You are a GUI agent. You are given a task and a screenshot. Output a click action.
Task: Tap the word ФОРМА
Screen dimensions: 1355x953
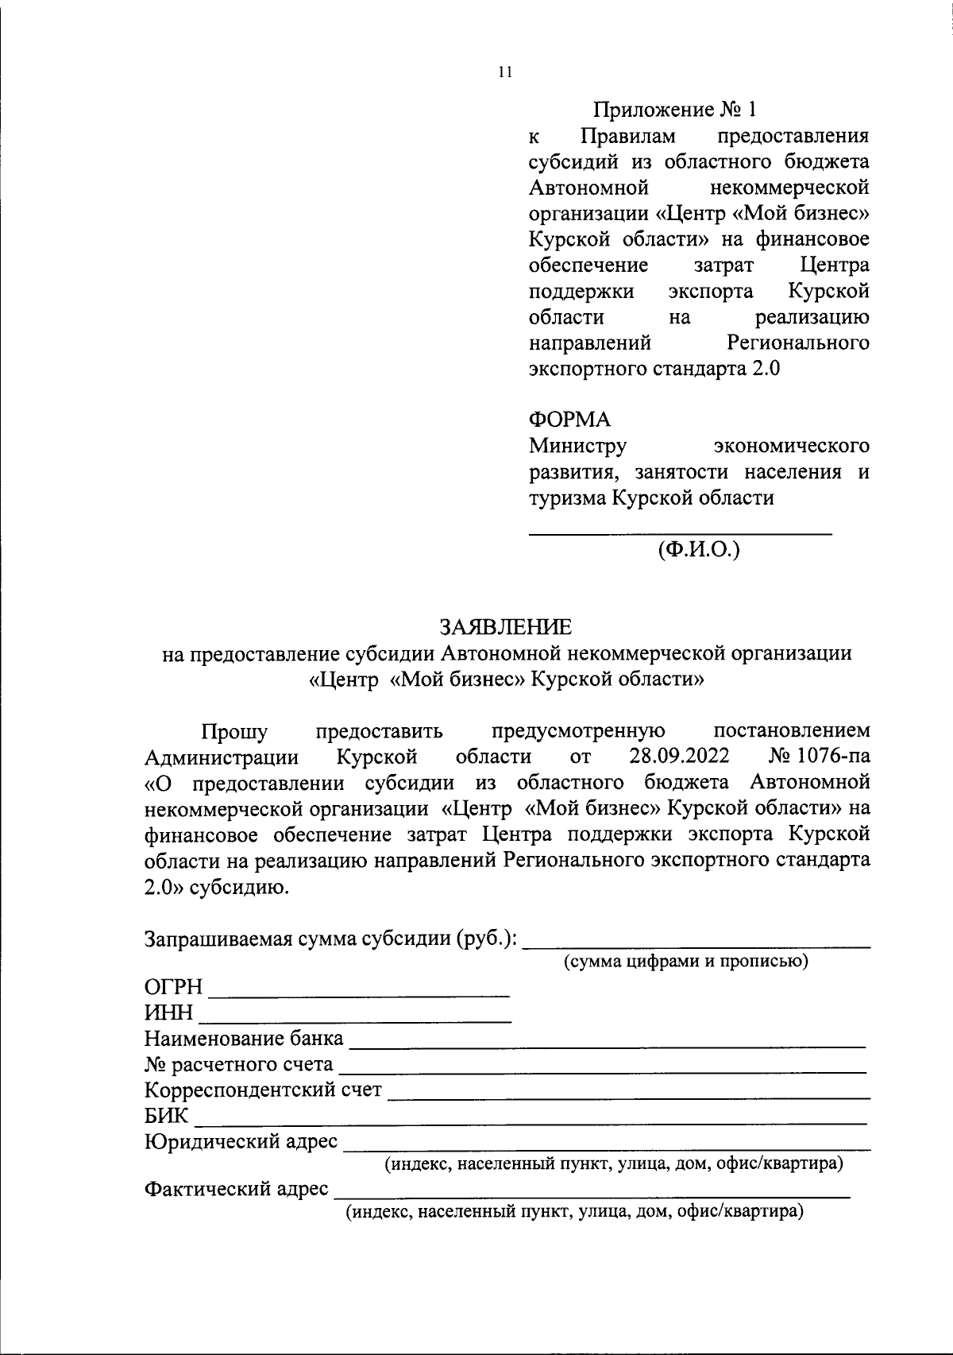point(569,420)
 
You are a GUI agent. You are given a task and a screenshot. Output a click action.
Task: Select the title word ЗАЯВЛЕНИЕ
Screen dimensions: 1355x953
point(506,627)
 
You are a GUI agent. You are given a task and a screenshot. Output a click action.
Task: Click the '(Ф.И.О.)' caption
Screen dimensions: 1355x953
point(698,548)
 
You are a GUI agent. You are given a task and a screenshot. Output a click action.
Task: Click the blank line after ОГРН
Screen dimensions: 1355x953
point(358,994)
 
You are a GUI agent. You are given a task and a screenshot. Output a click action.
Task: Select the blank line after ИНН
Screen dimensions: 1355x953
point(355,1020)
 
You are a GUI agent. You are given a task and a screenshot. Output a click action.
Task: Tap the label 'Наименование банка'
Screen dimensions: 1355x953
point(244,1039)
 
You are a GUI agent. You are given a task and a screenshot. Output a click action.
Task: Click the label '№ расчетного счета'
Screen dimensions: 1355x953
point(239,1065)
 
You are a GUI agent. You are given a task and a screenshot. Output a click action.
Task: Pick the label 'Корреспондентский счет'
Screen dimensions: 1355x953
point(263,1090)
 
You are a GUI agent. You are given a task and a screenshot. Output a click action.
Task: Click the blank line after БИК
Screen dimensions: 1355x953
point(530,1123)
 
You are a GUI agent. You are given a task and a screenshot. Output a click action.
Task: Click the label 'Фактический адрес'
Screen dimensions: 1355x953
point(236,1190)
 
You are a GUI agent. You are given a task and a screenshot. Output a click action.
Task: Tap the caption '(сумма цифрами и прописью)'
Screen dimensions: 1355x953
point(686,962)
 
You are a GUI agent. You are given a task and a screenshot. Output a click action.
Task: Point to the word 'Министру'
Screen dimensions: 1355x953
point(578,446)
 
